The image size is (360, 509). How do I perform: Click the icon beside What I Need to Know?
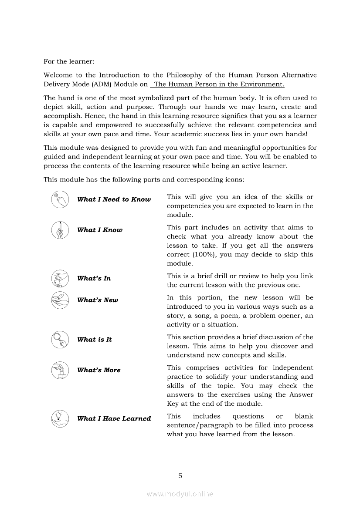click(x=60, y=199)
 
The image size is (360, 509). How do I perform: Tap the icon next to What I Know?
click(x=60, y=230)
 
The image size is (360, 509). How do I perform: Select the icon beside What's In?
click(x=60, y=278)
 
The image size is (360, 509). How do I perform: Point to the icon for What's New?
click(x=60, y=300)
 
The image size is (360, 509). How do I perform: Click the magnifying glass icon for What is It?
click(x=60, y=340)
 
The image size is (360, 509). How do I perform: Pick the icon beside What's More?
click(x=60, y=370)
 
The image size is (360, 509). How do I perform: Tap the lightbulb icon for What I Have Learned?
click(x=60, y=418)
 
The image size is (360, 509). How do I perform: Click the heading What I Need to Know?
click(x=114, y=199)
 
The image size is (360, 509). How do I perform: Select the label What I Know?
click(x=100, y=230)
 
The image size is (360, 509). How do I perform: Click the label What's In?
click(x=94, y=278)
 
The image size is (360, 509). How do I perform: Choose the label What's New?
click(x=98, y=300)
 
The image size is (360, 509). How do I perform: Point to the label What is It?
click(x=94, y=340)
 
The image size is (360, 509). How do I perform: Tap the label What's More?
click(x=99, y=370)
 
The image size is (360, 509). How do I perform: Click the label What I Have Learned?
click(x=114, y=418)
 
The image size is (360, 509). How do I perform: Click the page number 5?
click(x=180, y=475)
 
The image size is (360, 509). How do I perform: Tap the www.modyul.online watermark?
click(x=180, y=494)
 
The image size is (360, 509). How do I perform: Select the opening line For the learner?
click(x=69, y=61)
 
